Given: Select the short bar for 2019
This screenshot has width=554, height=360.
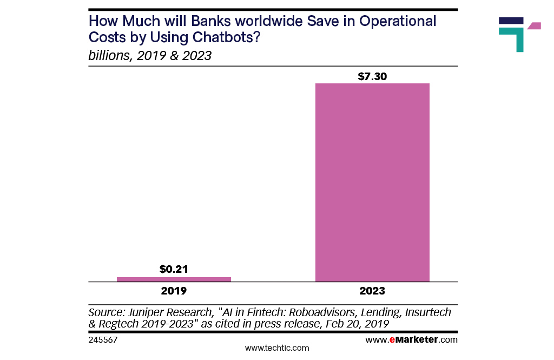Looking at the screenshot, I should (174, 279).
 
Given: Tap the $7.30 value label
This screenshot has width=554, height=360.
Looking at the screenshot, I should (372, 76).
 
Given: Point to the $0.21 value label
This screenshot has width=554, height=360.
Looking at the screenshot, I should (174, 269).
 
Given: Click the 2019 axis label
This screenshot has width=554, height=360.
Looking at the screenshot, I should (174, 291).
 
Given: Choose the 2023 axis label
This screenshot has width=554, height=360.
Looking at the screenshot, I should (372, 291).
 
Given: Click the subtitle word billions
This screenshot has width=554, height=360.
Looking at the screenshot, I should (108, 56).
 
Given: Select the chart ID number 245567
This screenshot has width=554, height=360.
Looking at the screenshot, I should (103, 340).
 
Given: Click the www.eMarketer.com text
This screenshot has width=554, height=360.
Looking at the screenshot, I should (411, 340).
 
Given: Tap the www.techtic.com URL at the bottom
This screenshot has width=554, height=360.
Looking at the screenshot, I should (277, 348).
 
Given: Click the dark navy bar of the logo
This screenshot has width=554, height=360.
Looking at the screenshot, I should (511, 21).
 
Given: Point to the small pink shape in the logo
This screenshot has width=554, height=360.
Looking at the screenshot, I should (534, 25).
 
